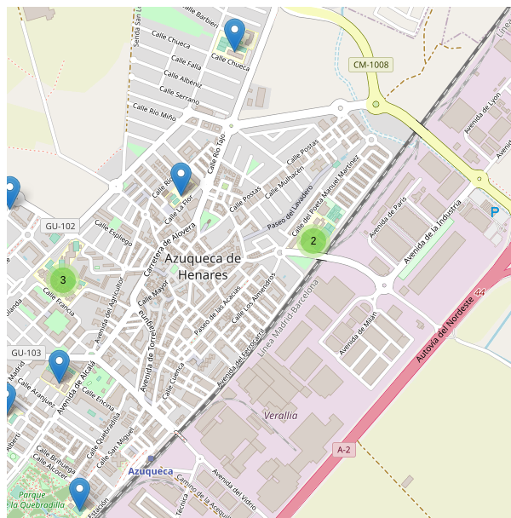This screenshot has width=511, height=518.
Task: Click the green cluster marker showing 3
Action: coord(62,279)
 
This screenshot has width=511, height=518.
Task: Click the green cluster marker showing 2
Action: coord(313,241)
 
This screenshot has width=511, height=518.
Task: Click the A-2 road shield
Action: coord(344,449)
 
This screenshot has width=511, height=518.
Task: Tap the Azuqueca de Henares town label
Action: coord(204,267)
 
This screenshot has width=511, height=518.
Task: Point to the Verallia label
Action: coord(280,416)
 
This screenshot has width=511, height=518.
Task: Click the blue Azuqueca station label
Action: coord(150,471)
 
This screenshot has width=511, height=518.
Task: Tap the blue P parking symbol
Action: coord(495,211)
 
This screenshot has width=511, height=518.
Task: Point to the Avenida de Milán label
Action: coord(358,332)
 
